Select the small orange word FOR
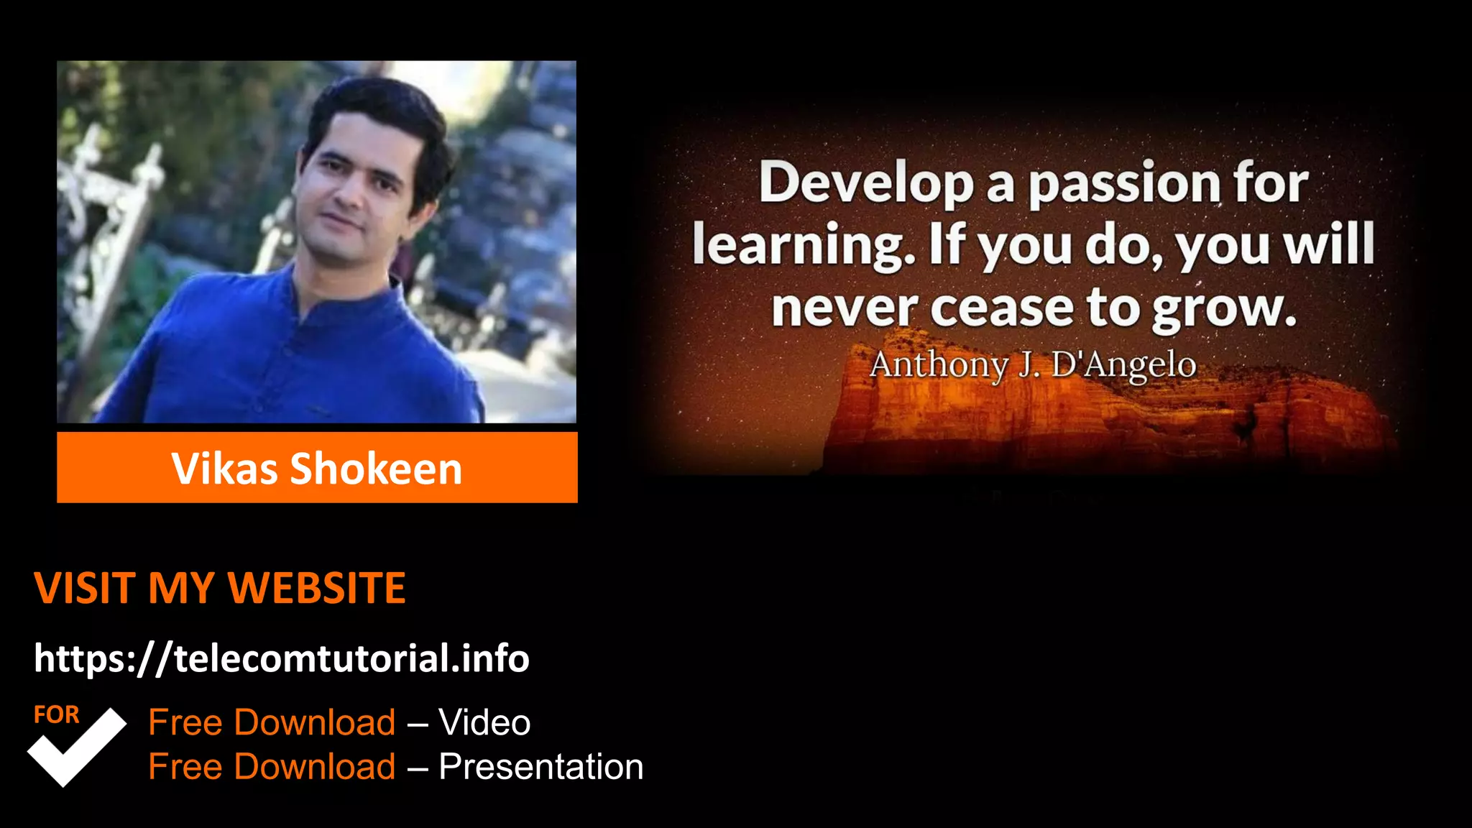pos(56,715)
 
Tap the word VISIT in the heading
pos(84,588)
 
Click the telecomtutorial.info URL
pos(281,658)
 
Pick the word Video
pos(484,722)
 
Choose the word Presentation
pos(540,767)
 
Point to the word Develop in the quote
pos(866,183)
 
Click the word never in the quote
pos(844,309)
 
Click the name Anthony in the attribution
pos(939,365)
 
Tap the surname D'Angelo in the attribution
pos(1123,365)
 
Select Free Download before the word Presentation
pos(272,767)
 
